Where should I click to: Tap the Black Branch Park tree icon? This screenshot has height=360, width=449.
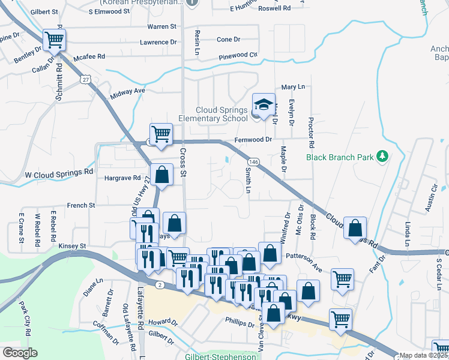[382, 157]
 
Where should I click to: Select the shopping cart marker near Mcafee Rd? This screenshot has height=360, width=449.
[54, 40]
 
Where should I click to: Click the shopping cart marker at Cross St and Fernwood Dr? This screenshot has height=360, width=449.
[161, 134]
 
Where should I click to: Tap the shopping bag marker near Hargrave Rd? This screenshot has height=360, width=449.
[161, 175]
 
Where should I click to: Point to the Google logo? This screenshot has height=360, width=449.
[19, 353]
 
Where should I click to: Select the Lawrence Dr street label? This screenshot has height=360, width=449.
[158, 43]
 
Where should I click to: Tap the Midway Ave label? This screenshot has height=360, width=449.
[128, 91]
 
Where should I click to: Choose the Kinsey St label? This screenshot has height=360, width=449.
[73, 246]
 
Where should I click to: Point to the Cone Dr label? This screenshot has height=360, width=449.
[228, 40]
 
